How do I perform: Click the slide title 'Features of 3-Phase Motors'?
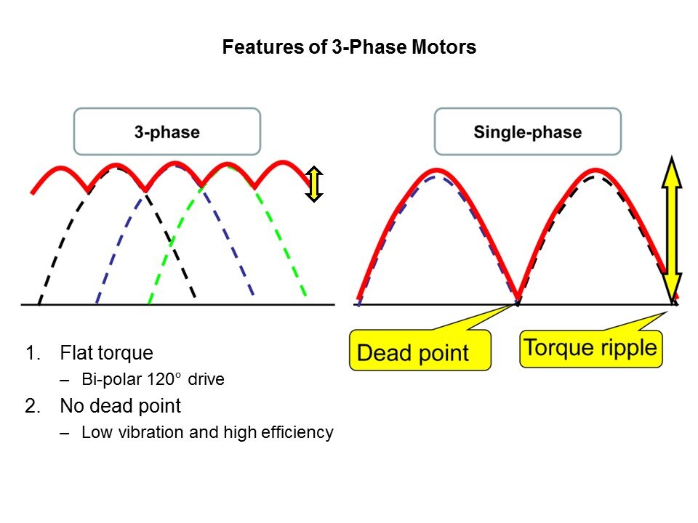pyautogui.click(x=349, y=47)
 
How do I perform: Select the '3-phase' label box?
pyautogui.click(x=167, y=131)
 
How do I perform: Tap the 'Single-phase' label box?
pyautogui.click(x=528, y=131)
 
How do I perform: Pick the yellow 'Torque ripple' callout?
pyautogui.click(x=590, y=349)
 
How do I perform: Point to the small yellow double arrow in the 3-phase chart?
pyautogui.click(x=314, y=184)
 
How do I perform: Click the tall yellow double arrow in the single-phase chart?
pyautogui.click(x=672, y=229)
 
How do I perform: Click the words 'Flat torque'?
pyautogui.click(x=106, y=353)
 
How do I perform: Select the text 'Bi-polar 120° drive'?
pyautogui.click(x=153, y=379)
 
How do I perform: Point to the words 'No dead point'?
pyautogui.click(x=120, y=405)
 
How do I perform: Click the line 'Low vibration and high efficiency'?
pyautogui.click(x=207, y=431)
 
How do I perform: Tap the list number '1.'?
pyautogui.click(x=33, y=353)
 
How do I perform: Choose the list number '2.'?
pyautogui.click(x=33, y=405)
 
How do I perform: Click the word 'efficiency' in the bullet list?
pyautogui.click(x=297, y=431)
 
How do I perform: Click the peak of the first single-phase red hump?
pyautogui.click(x=437, y=170)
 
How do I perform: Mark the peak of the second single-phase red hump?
pyautogui.click(x=595, y=170)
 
